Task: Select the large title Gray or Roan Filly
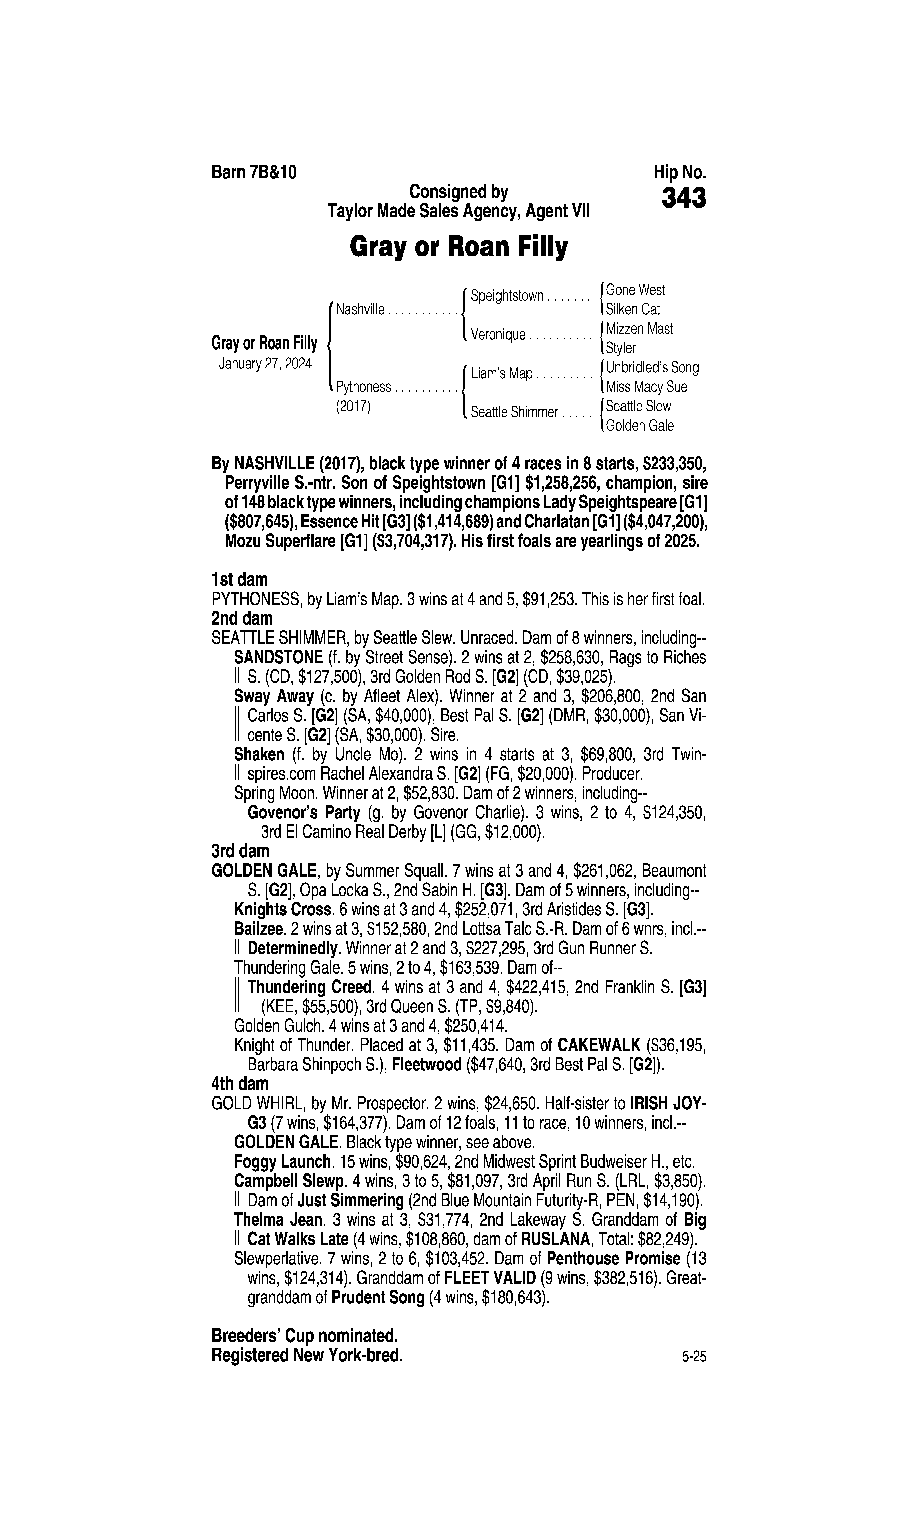click(458, 247)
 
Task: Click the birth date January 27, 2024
click(265, 363)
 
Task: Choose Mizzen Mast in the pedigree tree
click(639, 329)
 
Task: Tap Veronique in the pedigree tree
click(498, 335)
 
